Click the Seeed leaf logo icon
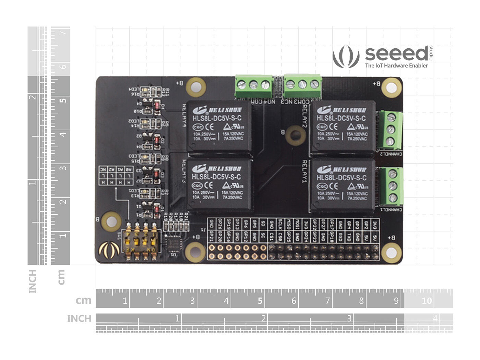[346, 57]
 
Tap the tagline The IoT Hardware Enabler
[396, 65]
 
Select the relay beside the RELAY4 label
[219, 126]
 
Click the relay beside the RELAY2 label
[342, 126]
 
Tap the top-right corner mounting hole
[391, 87]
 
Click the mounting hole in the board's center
[295, 135]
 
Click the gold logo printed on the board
[109, 250]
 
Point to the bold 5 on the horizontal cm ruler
[260, 301]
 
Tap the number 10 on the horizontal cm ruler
[427, 301]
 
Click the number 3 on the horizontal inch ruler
[349, 318]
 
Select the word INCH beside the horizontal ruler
[79, 319]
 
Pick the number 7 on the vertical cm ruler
[63, 33]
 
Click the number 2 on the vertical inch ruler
[33, 97]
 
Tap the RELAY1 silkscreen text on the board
[304, 171]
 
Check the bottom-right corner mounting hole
[391, 253]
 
